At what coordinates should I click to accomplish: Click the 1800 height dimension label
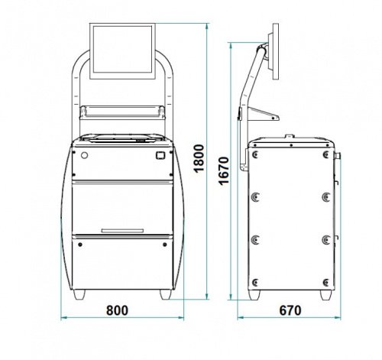[199, 158]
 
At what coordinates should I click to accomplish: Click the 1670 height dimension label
[224, 170]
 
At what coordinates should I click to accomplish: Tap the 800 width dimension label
[117, 310]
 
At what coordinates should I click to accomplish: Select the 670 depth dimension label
[290, 310]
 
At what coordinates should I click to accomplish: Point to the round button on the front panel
[84, 155]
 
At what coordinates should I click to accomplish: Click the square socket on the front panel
[160, 155]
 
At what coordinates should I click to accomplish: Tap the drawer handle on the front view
[122, 231]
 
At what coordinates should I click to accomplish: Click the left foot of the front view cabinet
[79, 294]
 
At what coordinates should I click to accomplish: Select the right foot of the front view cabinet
[166, 294]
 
